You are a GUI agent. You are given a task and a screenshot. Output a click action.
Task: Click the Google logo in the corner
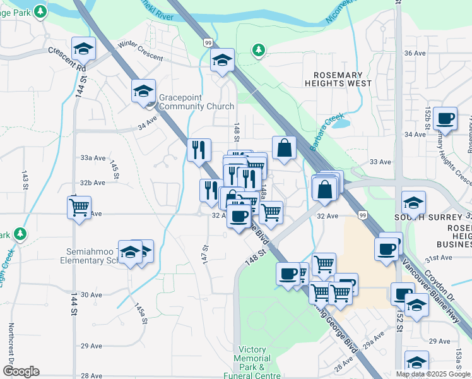(21, 371)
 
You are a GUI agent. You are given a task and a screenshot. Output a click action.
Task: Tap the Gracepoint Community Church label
(196, 102)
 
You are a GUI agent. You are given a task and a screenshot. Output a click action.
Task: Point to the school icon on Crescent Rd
(83, 48)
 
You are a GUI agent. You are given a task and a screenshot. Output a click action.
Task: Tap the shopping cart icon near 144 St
(79, 206)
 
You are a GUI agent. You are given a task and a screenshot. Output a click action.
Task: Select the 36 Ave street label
(415, 53)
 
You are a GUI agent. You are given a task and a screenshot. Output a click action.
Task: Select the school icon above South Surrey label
(414, 202)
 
